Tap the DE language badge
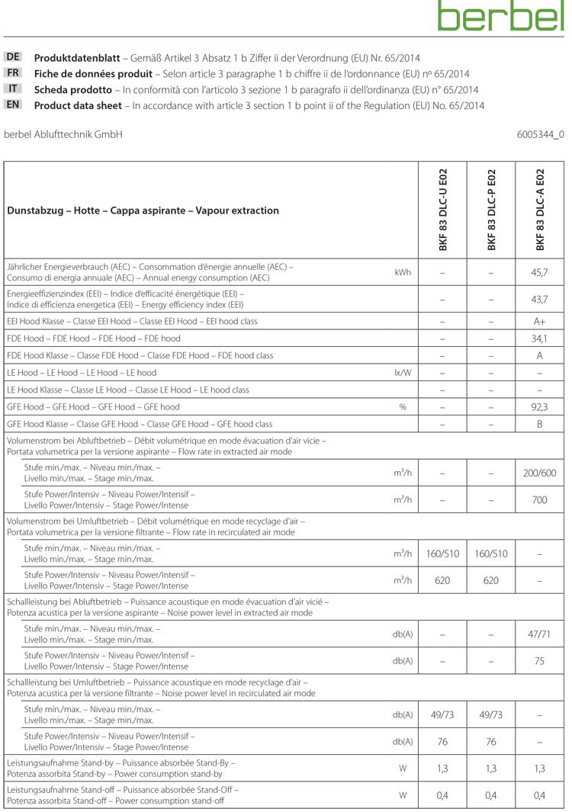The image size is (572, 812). (14, 57)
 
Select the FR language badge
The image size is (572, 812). (14, 73)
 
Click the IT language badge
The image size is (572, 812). (14, 88)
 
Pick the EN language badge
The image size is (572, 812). (14, 104)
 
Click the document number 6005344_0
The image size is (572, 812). (540, 134)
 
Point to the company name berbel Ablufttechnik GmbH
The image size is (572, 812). (63, 134)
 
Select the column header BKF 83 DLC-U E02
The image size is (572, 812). (443, 210)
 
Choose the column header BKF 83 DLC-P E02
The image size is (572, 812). (491, 210)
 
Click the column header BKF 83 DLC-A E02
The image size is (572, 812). (540, 210)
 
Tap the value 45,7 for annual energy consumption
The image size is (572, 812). (539, 272)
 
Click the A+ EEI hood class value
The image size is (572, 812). (539, 322)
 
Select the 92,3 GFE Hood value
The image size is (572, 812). (539, 407)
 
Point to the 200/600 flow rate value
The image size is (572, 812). (539, 473)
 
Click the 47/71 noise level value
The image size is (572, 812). (539, 634)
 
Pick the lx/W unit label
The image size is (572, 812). (403, 373)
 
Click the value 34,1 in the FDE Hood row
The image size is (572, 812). (539, 339)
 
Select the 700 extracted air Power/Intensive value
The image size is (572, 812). (539, 500)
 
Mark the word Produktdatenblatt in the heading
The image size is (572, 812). (77, 58)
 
